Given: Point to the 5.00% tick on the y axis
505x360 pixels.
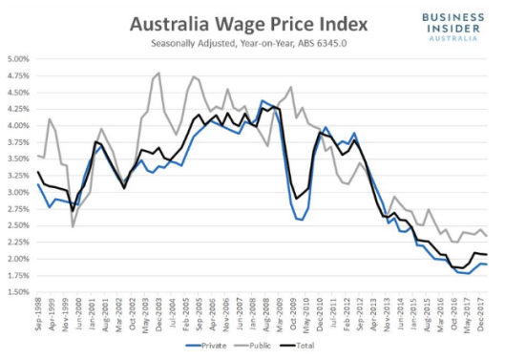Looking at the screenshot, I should pos(17,59).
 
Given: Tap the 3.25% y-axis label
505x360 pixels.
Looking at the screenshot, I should pos(17,176).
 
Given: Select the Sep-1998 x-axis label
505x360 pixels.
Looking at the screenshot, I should pos(38,314).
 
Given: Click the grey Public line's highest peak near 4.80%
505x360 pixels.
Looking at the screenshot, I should pos(158,73).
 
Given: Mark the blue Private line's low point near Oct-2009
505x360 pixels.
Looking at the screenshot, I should pos(302,220).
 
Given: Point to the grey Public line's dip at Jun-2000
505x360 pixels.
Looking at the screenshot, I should pos(73,226).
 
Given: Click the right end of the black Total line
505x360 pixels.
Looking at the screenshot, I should pos(489,254).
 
